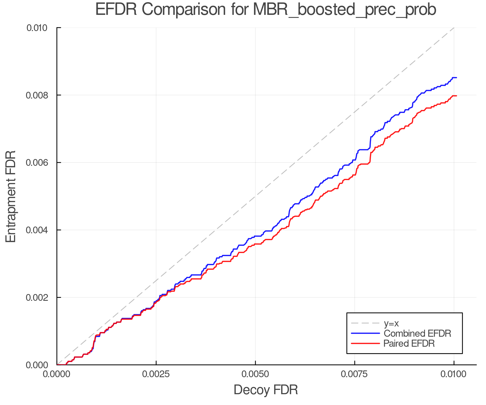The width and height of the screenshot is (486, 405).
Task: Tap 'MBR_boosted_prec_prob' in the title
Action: point(345,10)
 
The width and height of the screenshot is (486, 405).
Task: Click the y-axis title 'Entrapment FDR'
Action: point(11,196)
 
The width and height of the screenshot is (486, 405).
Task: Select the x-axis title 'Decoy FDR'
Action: point(266,390)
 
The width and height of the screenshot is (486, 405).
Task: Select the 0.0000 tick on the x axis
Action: point(57,374)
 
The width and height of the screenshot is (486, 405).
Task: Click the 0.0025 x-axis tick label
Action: point(156,374)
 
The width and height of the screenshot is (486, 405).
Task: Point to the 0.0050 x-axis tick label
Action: point(255,374)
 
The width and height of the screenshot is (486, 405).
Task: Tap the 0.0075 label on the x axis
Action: point(355,374)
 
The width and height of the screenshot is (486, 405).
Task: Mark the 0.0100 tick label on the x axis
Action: point(454,374)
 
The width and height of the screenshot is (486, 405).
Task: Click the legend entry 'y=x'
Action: point(391,323)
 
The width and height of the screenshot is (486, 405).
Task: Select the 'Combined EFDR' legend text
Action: point(417,333)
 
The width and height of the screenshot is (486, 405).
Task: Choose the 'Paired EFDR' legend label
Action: point(409,343)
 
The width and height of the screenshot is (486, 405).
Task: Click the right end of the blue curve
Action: point(456,78)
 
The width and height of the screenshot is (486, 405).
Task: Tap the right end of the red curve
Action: point(456,96)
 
